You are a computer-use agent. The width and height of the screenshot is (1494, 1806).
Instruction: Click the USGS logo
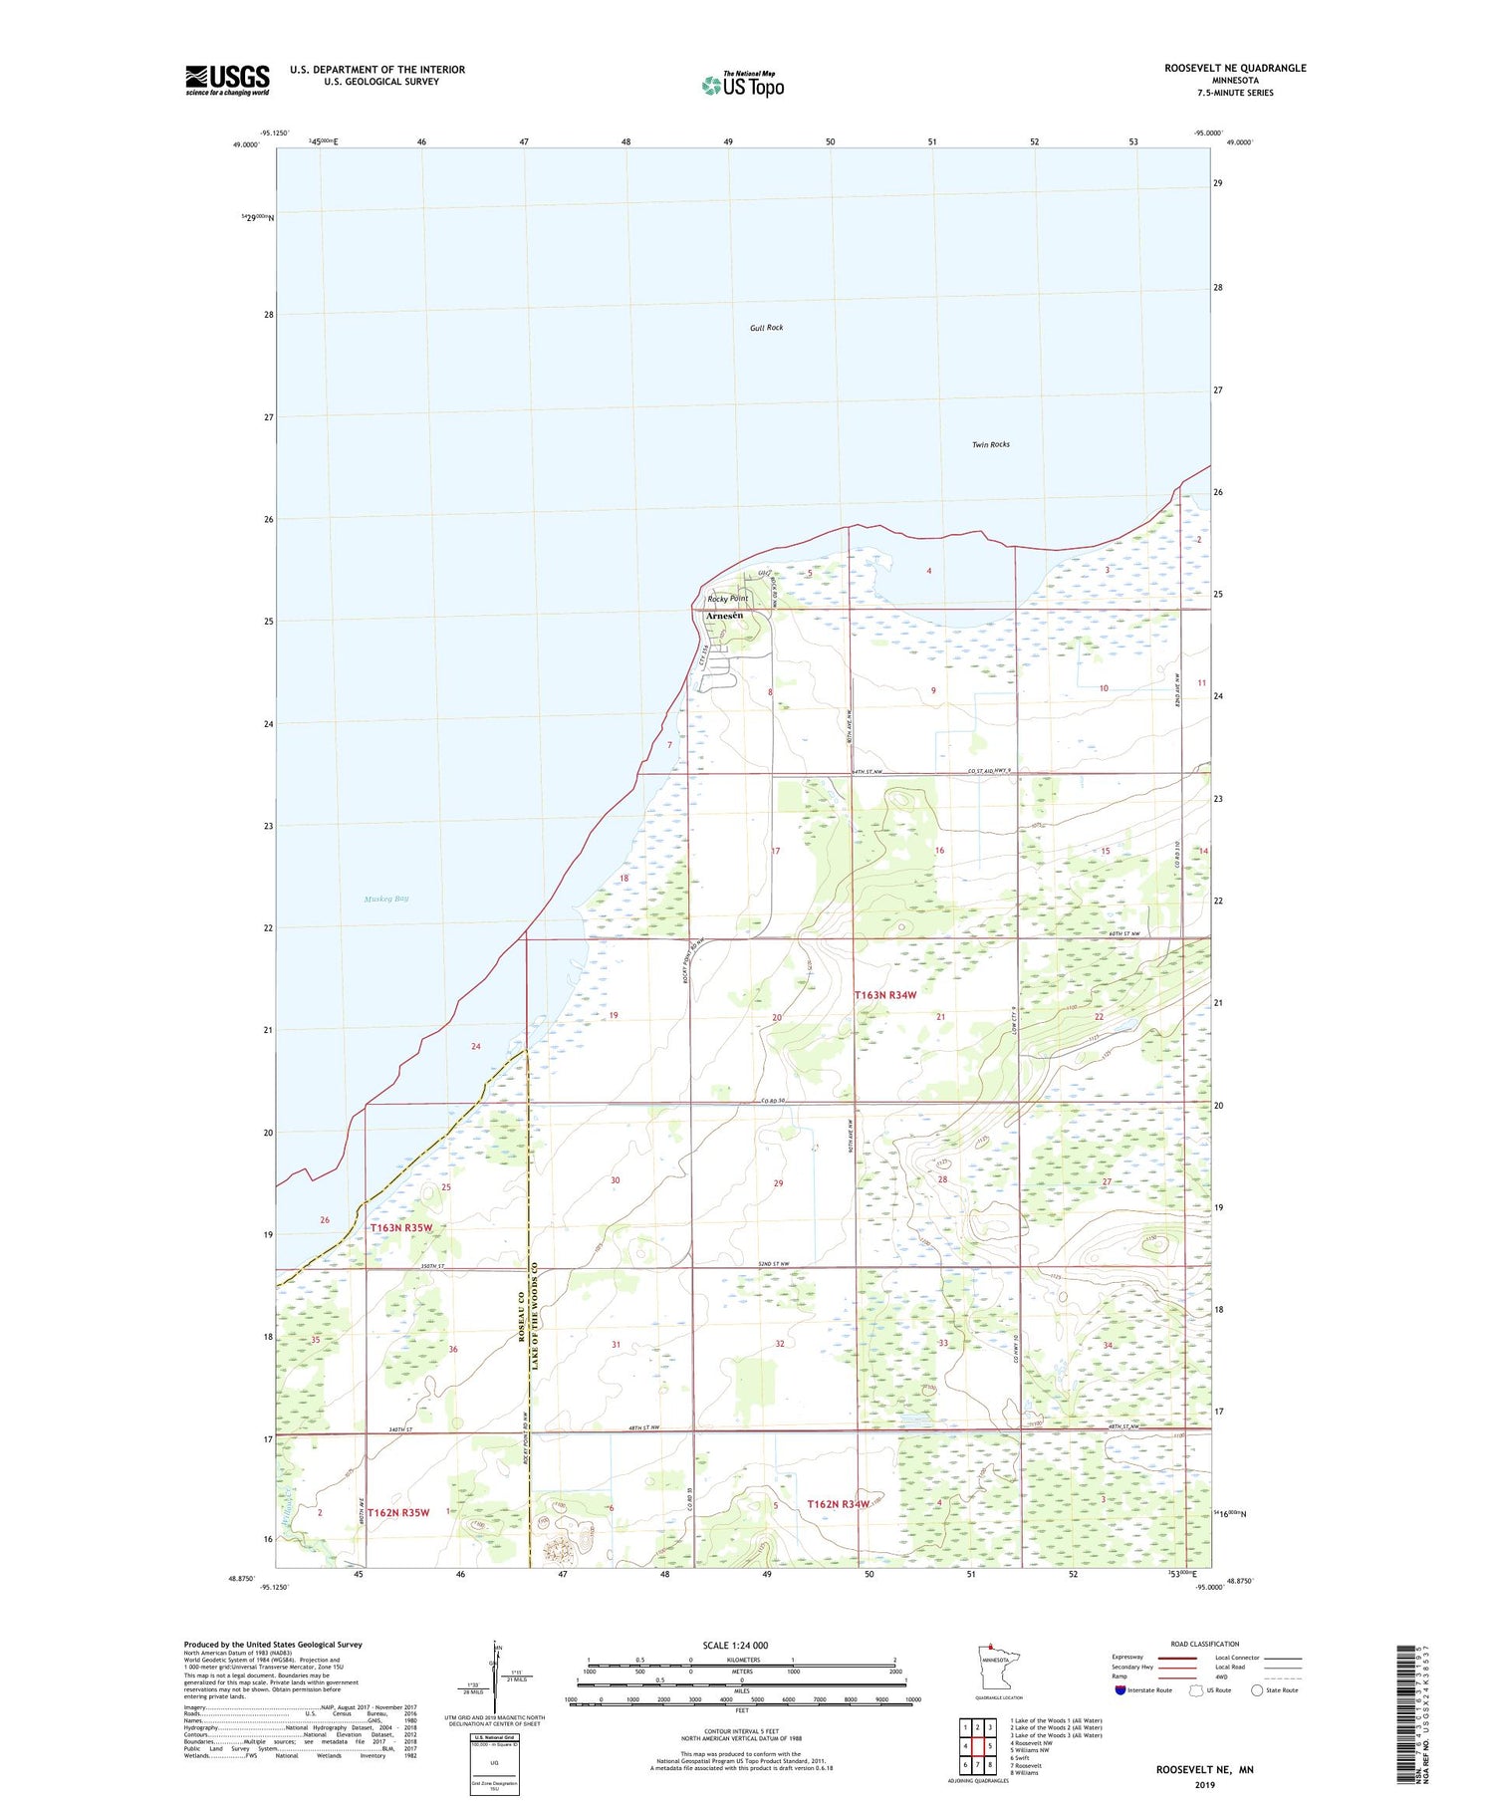point(227,80)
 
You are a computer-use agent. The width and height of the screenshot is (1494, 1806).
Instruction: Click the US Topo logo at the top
point(742,86)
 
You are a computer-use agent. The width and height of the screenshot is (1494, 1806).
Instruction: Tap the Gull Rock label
point(767,328)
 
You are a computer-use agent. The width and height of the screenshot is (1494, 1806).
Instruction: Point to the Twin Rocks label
point(990,444)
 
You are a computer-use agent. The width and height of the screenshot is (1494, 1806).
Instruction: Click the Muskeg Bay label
point(386,899)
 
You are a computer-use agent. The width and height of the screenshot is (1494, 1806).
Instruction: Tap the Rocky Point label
point(727,599)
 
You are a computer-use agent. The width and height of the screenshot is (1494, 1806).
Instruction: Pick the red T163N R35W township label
point(401,1227)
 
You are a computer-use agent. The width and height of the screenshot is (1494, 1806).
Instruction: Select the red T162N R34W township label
point(838,1504)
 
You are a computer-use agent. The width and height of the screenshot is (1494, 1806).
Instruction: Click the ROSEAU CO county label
point(521,1317)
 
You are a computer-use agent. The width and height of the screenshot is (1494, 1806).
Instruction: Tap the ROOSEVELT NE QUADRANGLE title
point(1235,68)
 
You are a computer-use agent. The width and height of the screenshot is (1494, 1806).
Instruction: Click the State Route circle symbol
point(1257,1689)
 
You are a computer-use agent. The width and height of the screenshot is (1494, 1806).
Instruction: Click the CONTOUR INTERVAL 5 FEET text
point(741,1730)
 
